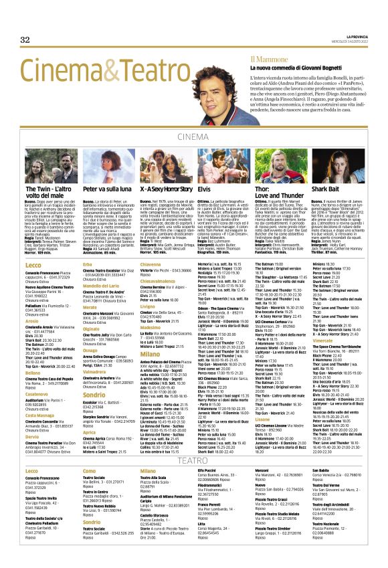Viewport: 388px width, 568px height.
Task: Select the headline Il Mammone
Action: tap(266, 60)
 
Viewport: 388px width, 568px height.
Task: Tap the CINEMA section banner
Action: tap(194, 136)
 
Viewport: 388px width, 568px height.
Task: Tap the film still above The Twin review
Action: tap(50, 165)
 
